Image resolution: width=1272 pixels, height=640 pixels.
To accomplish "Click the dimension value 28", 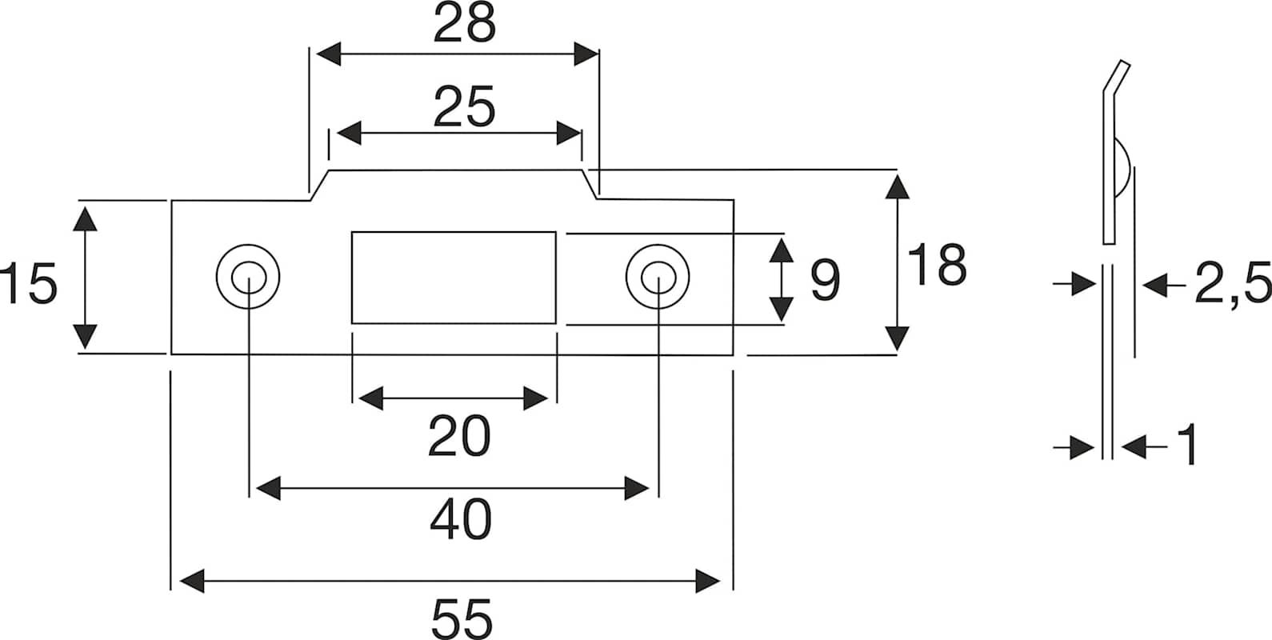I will tap(464, 26).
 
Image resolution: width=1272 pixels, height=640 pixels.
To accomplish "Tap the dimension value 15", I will tap(30, 285).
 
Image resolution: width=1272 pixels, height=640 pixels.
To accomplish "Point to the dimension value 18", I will tap(937, 266).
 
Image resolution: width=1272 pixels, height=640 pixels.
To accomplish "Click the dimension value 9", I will tap(825, 281).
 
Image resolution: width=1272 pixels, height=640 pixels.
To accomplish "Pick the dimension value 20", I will tap(458, 438).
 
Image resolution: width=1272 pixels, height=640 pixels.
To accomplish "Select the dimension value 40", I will tap(460, 521).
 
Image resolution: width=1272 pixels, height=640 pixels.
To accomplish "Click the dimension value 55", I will tap(462, 618).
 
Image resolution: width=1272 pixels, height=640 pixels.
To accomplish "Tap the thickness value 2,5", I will tap(1231, 285).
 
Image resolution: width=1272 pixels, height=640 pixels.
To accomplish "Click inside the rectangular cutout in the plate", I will tap(454, 278).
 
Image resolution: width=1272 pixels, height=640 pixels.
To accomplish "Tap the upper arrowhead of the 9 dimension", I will tap(782, 250).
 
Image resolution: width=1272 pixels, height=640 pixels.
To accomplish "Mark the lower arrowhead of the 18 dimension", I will tap(898, 338).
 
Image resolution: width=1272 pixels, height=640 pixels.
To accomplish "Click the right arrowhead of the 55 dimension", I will tap(707, 581).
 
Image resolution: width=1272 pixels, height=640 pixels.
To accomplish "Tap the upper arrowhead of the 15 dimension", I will tap(85, 218).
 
